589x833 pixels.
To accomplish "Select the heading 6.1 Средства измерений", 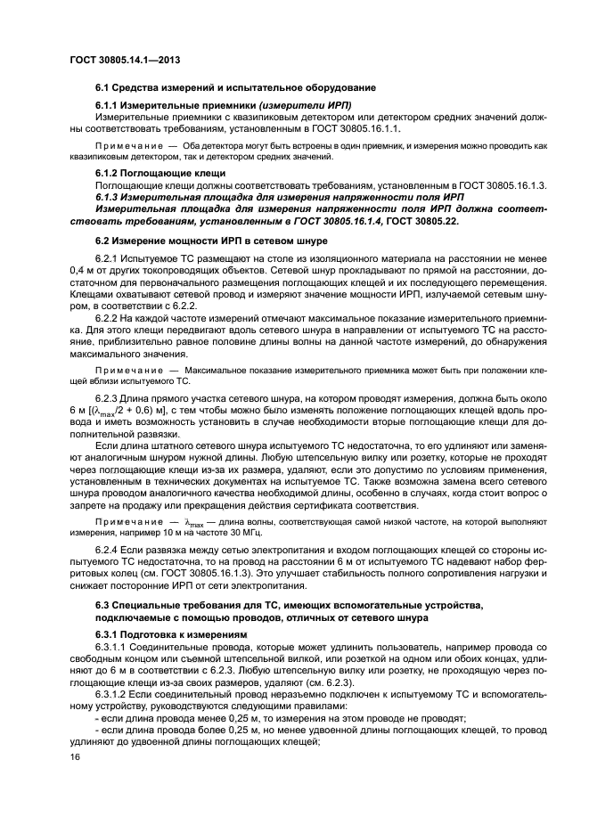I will (x=235, y=87).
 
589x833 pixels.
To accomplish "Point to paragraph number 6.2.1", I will (x=109, y=258).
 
